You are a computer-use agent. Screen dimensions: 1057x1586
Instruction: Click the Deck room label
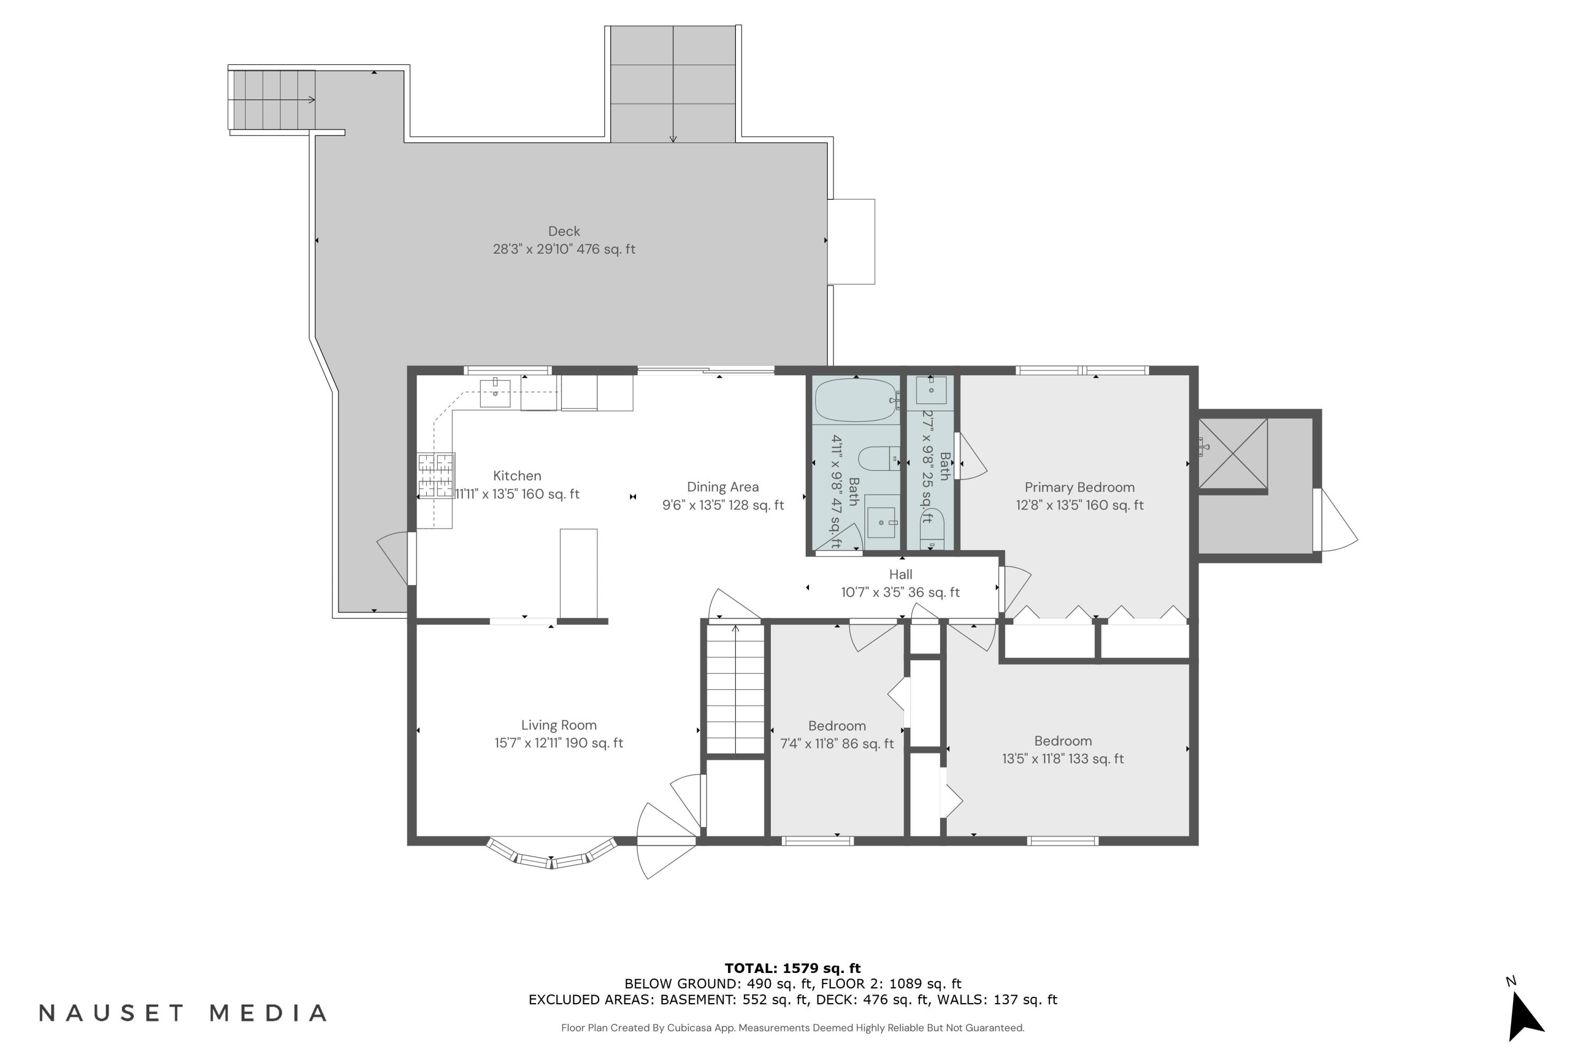pyautogui.click(x=564, y=232)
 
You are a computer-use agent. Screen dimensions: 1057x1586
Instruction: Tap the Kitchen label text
pyautogui.click(x=517, y=476)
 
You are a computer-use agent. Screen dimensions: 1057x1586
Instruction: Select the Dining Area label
pyautogui.click(x=722, y=487)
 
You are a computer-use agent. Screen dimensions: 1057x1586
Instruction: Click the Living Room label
pyautogui.click(x=558, y=725)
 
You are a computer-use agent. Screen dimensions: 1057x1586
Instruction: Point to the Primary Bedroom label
pyautogui.click(x=1079, y=487)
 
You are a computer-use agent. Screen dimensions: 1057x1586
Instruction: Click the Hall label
pyautogui.click(x=900, y=575)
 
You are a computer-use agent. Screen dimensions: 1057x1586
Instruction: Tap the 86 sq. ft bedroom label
pyautogui.click(x=836, y=735)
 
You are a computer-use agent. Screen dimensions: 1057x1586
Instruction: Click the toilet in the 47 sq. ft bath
pyautogui.click(x=877, y=459)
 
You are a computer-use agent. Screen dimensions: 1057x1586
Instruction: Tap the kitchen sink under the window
pyautogui.click(x=494, y=393)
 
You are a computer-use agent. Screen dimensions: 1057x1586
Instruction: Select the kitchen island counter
pyautogui.click(x=578, y=573)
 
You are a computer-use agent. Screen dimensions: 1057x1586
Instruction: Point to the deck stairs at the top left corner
pyautogui.click(x=272, y=100)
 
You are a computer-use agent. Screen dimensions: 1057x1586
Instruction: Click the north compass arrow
pyautogui.click(x=1525, y=1017)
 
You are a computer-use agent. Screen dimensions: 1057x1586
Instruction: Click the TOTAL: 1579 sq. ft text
pyautogui.click(x=792, y=969)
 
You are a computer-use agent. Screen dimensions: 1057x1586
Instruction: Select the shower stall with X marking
pyautogui.click(x=1233, y=453)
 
